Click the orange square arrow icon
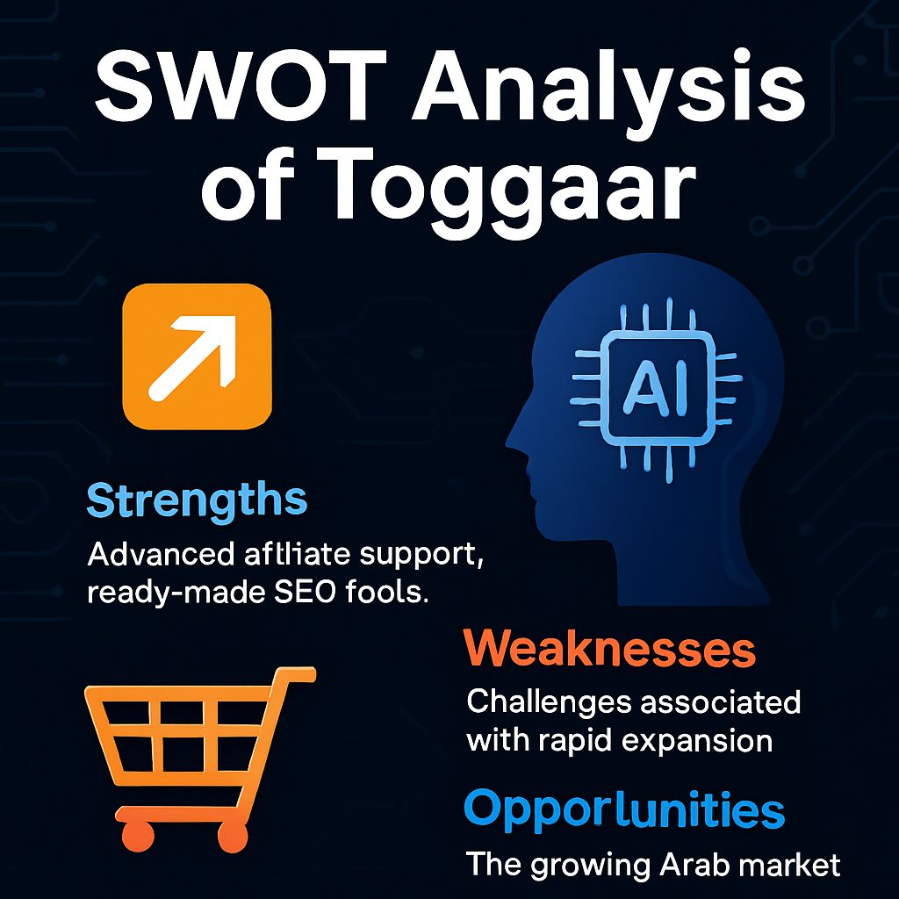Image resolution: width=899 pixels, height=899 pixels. coord(197,356)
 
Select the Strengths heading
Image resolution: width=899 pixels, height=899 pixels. coord(197,501)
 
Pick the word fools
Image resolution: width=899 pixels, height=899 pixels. coord(387,591)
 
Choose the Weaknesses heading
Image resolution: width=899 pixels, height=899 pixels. coord(609,649)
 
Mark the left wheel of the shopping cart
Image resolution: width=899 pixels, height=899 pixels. coord(138,836)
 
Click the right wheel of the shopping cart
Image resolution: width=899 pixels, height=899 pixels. coord(231,837)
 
